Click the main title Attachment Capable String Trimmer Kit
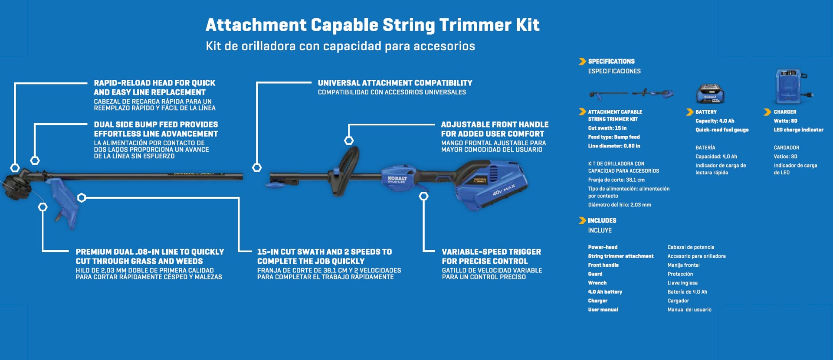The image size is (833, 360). pyautogui.click(x=372, y=25)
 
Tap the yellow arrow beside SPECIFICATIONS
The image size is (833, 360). pyautogui.click(x=582, y=62)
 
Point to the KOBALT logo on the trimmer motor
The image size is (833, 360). pyautogui.click(x=397, y=179)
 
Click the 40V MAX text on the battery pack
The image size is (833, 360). pyautogui.click(x=504, y=190)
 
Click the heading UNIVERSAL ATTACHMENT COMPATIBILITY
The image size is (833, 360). pyautogui.click(x=395, y=83)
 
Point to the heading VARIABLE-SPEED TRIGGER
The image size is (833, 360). pyautogui.click(x=491, y=252)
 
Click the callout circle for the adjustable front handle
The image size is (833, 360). pyautogui.click(x=349, y=141)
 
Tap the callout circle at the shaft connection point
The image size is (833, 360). pyautogui.click(x=257, y=168)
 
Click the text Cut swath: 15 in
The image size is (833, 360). pyautogui.click(x=607, y=128)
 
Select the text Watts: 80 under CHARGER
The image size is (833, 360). pyautogui.click(x=785, y=121)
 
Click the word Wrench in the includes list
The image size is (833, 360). pyautogui.click(x=597, y=283)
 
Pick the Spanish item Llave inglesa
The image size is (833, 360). pyautogui.click(x=682, y=283)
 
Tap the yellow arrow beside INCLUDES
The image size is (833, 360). pyautogui.click(x=582, y=221)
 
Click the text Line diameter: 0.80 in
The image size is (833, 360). pyautogui.click(x=614, y=146)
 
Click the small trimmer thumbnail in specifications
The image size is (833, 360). pyautogui.click(x=631, y=93)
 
